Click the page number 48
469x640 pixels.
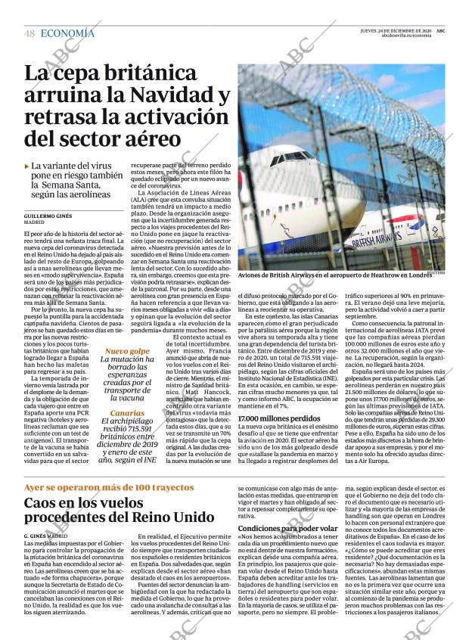[29, 33]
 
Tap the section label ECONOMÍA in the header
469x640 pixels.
[67, 33]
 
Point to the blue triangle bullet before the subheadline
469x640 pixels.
[27, 165]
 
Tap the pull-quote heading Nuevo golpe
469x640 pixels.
[127, 351]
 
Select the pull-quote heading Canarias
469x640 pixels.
[126, 413]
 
